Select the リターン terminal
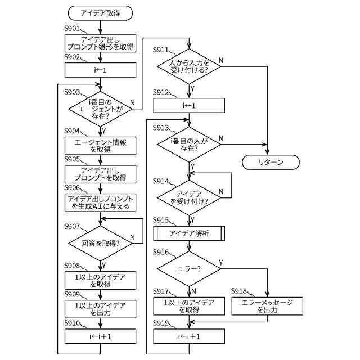pyautogui.click(x=271, y=162)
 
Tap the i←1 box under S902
pyautogui.click(x=100, y=70)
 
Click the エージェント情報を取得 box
pyautogui.click(x=100, y=146)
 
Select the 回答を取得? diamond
pyautogui.click(x=100, y=244)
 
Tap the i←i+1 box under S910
pyautogui.click(x=100, y=336)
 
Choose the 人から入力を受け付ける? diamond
pyautogui.click(x=189, y=66)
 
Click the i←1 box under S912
pyautogui.click(x=189, y=105)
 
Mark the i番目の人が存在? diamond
pyautogui.click(x=189, y=144)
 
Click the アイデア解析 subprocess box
pyautogui.click(x=189, y=233)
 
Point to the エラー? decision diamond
pyautogui.click(x=189, y=268)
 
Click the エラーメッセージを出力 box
pyautogui.click(x=267, y=305)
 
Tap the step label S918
pyautogui.click(x=241, y=291)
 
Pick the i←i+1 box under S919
pyautogui.click(x=189, y=336)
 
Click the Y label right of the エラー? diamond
pyautogui.click(x=220, y=262)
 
